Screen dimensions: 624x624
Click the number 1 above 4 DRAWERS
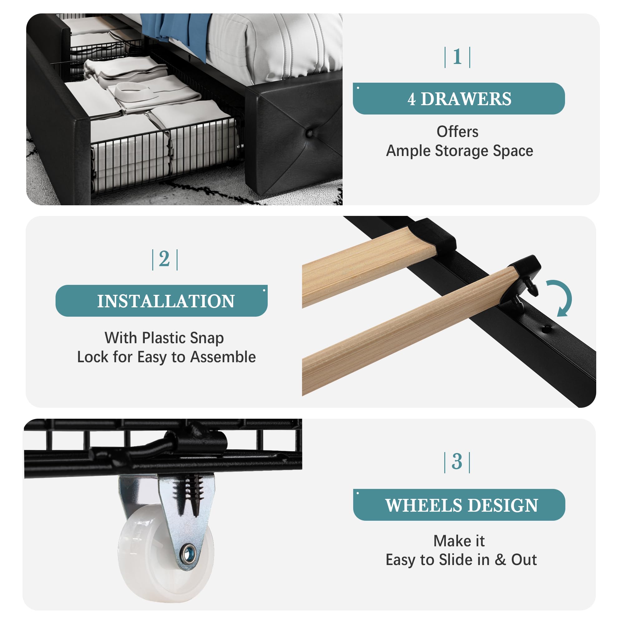(457, 57)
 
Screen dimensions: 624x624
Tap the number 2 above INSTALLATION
(164, 259)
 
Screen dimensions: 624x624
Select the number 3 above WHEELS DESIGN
(457, 461)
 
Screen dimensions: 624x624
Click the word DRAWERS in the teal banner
(466, 99)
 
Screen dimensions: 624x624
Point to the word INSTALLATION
(166, 301)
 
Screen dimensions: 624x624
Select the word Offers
(457, 132)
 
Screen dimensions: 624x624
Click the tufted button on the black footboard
(310, 133)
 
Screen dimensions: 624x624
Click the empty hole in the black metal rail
(545, 329)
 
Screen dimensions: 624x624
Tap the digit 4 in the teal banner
(411, 99)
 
